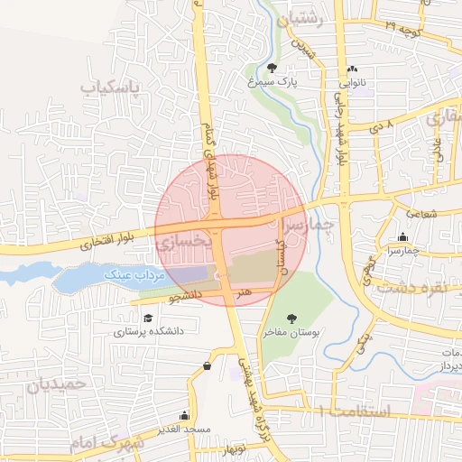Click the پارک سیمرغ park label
277,81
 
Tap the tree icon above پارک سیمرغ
273,68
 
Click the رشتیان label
307,17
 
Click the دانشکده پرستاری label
149,331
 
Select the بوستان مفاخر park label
292,331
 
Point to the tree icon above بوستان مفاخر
291,318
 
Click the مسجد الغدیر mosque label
185,428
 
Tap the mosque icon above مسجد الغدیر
185,415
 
